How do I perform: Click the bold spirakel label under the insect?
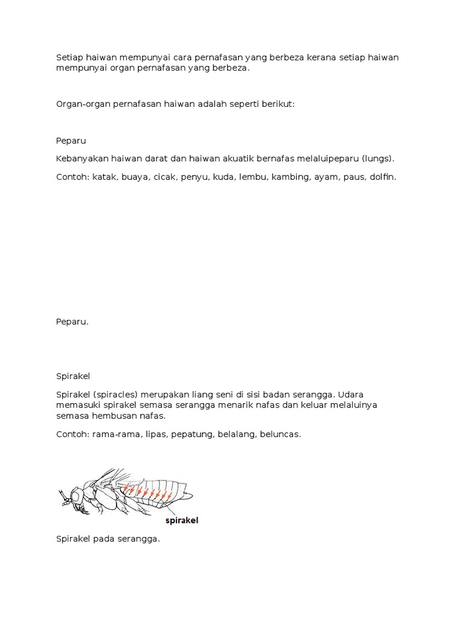pyautogui.click(x=182, y=520)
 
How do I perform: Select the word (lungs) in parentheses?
pyautogui.click(x=378, y=159)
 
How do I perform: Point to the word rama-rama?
pyautogui.click(x=113, y=434)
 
